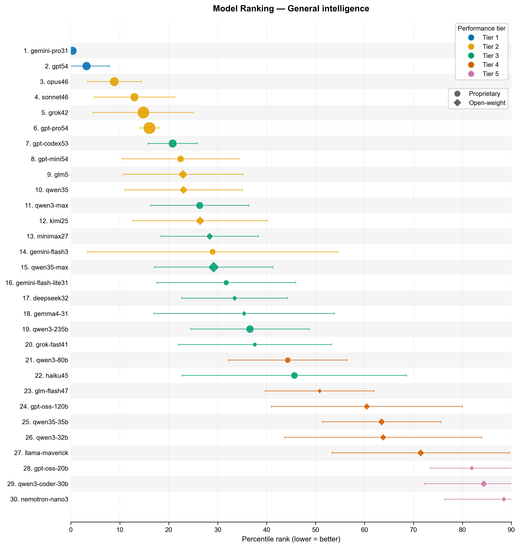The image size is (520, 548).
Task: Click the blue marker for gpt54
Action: pos(86,66)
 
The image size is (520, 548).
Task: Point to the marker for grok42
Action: pos(143,113)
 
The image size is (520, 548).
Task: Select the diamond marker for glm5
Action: pos(183,175)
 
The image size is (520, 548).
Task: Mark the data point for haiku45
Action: pos(294,375)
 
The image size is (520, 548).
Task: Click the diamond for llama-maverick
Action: pos(420,453)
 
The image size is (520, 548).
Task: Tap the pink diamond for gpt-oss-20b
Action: pos(472,468)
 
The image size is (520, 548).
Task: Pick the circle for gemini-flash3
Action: pos(213,252)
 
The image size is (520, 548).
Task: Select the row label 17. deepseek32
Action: pos(45,298)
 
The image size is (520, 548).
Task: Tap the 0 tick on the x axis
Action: pos(71,530)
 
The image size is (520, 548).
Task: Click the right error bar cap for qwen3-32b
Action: pos(482,437)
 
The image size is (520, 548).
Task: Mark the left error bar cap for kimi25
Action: pos(133,221)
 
